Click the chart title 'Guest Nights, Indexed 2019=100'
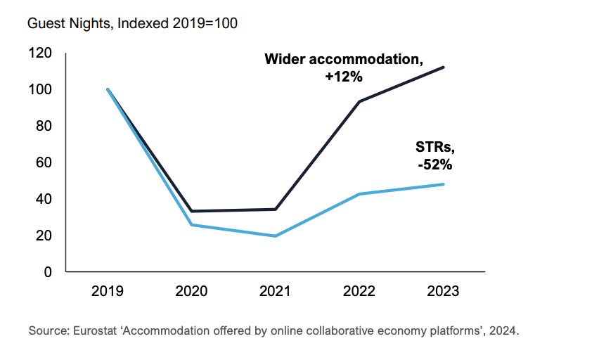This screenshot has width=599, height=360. [x=132, y=23]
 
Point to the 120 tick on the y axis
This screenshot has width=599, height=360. [x=41, y=53]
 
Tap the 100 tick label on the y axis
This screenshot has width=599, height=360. [x=41, y=90]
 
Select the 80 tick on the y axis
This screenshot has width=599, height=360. [x=44, y=127]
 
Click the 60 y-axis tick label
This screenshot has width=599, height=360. [x=44, y=162]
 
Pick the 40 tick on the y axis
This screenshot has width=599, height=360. [x=44, y=199]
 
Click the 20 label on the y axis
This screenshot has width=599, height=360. [x=44, y=236]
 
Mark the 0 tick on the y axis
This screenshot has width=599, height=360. [x=47, y=272]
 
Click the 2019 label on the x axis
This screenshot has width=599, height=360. [x=108, y=292]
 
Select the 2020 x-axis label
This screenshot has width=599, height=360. [x=191, y=292]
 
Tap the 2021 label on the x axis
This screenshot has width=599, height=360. [x=275, y=292]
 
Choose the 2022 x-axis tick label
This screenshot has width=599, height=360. [x=359, y=292]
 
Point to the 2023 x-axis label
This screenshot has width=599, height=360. [x=443, y=292]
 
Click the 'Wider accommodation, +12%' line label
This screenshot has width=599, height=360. [x=344, y=68]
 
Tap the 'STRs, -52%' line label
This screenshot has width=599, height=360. [x=433, y=156]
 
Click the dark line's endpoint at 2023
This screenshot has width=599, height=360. [x=444, y=67]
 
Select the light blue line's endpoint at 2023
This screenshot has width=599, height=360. [x=444, y=184]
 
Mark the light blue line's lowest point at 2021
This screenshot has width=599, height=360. [x=275, y=236]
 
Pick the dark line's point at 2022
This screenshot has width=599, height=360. [x=359, y=102]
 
